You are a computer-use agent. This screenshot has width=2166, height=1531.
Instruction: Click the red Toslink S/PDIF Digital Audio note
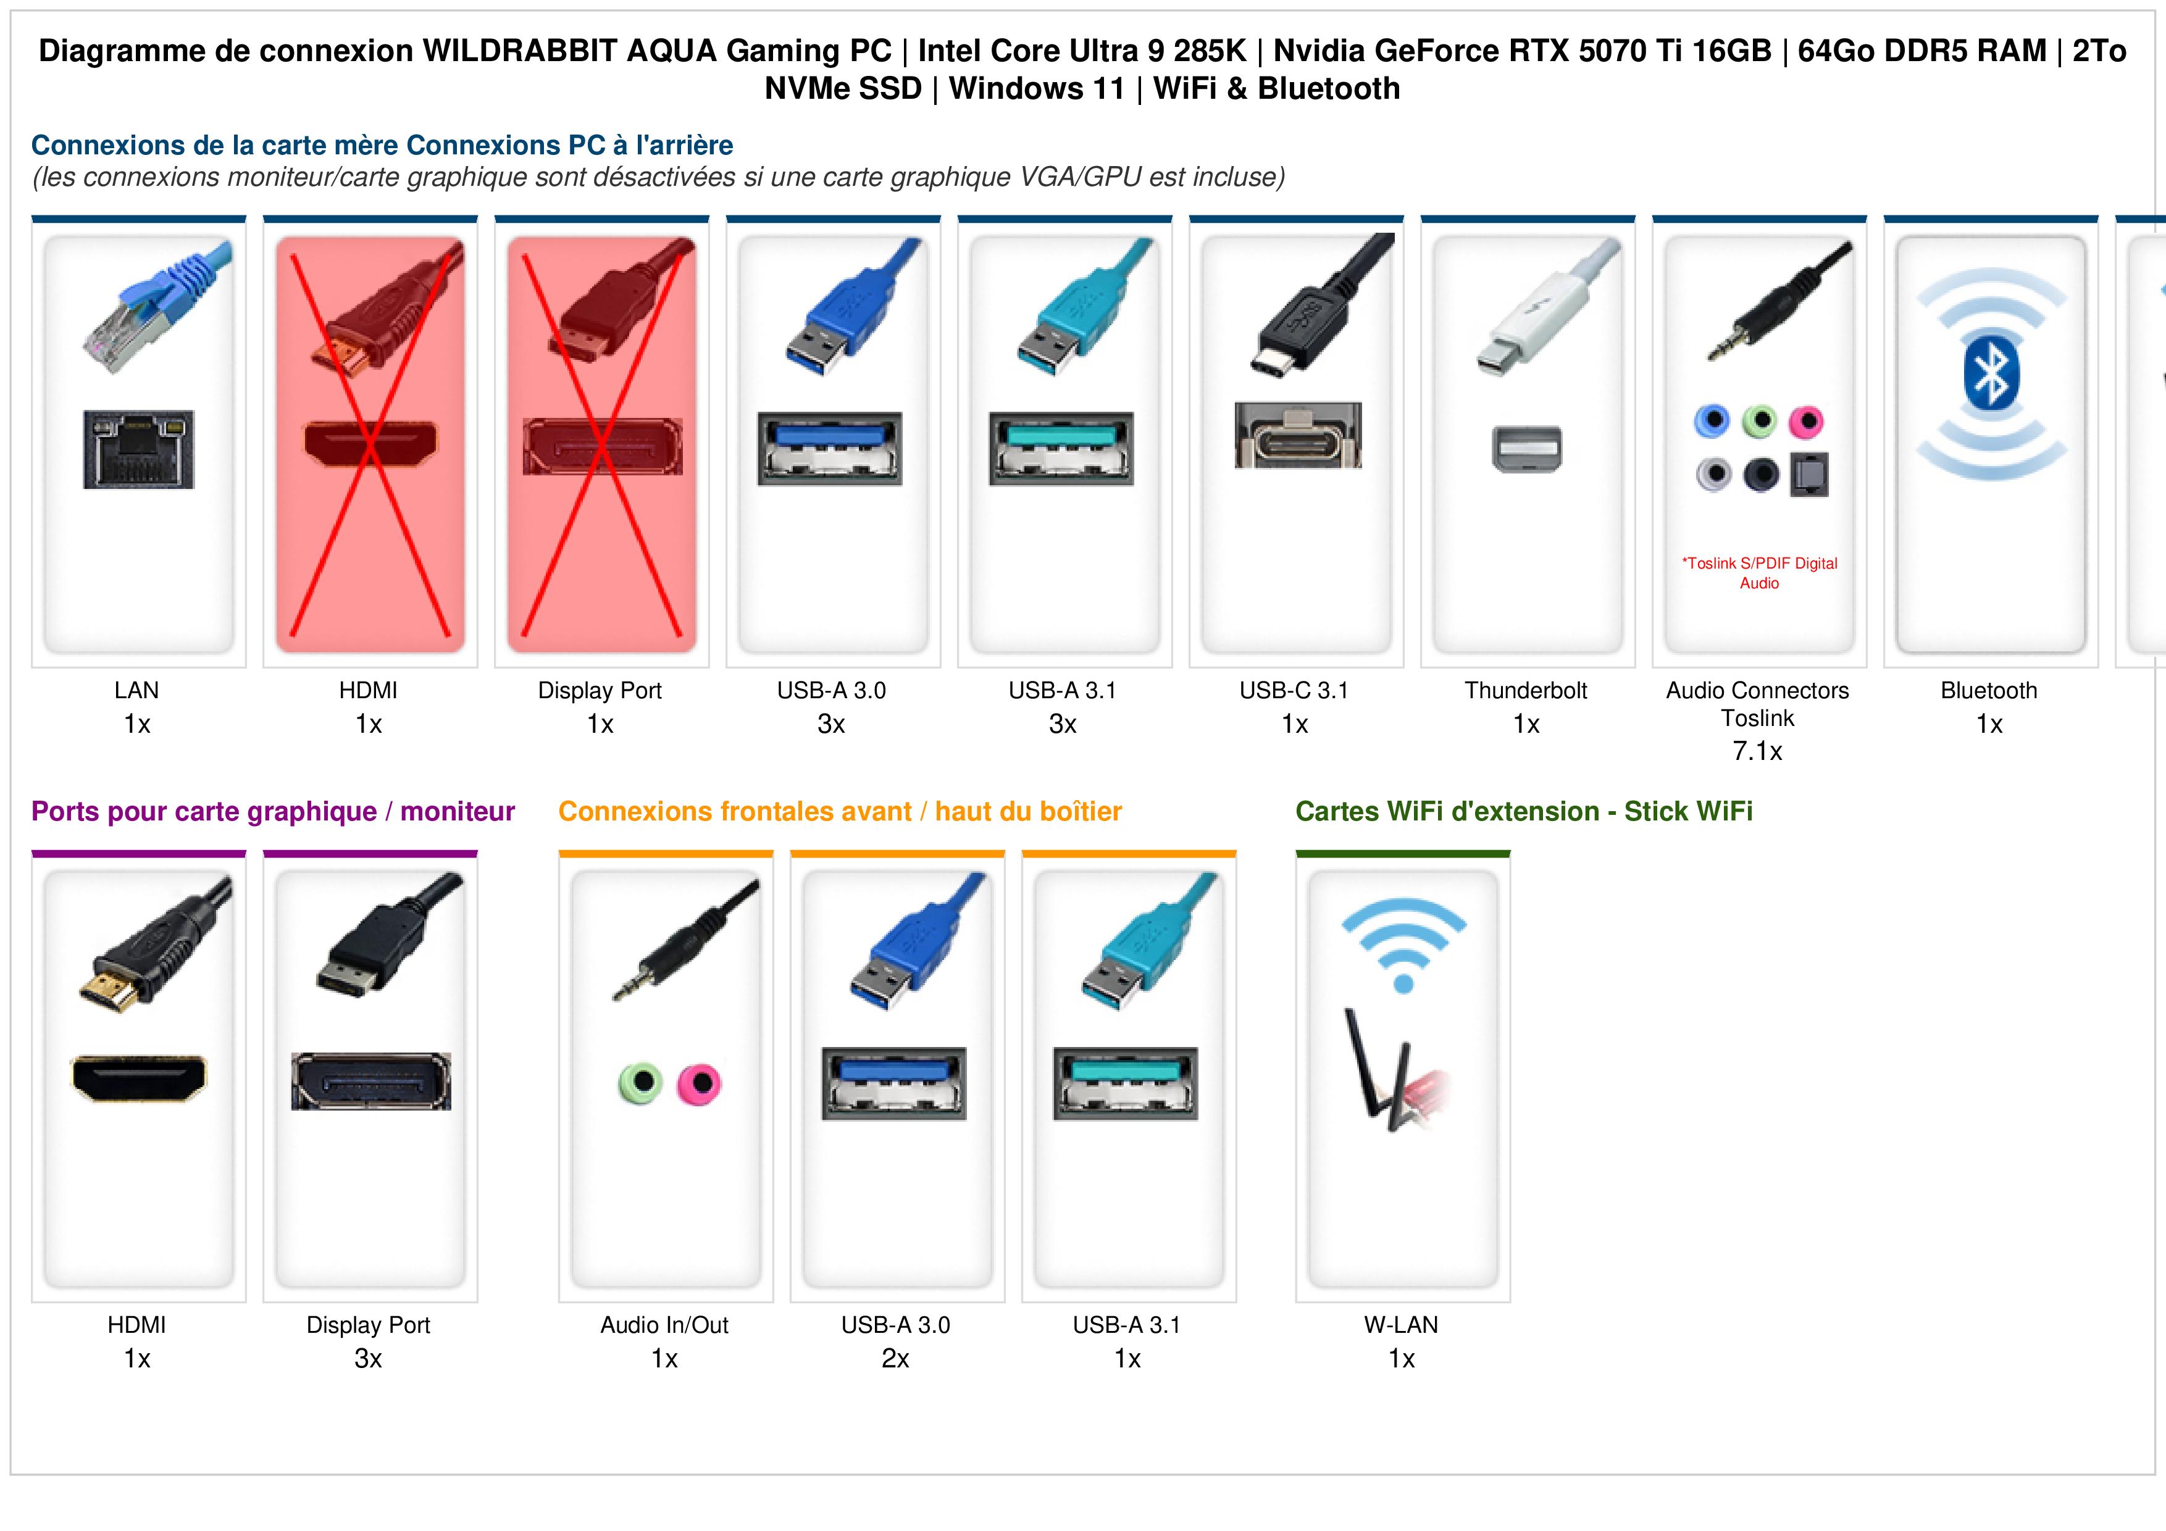tap(1759, 573)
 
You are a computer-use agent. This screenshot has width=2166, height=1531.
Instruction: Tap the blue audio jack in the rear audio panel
tap(1712, 421)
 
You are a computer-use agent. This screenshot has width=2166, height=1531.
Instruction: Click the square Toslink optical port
tap(1808, 475)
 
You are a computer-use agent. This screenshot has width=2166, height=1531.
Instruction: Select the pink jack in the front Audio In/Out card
tap(699, 1083)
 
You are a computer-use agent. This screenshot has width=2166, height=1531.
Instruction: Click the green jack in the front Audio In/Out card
tap(640, 1083)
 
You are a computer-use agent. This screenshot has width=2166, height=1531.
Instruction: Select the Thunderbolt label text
tap(1526, 691)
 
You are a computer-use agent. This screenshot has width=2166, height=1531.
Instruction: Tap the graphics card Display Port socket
tap(370, 1081)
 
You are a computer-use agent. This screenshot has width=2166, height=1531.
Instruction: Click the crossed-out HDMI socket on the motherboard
tap(370, 443)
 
